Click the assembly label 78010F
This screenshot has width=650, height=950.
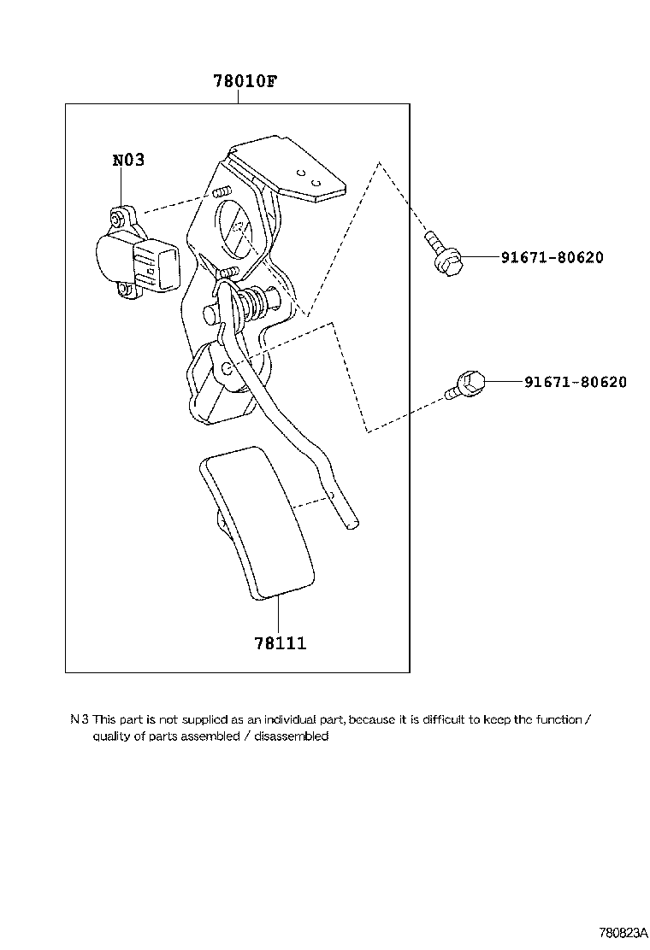[245, 82]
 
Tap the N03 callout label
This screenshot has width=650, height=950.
[128, 160]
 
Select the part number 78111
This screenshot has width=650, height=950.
[279, 642]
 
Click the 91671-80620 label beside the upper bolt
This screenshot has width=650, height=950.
[541, 257]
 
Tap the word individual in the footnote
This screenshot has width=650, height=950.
[289, 719]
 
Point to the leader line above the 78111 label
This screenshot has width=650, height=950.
[279, 615]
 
